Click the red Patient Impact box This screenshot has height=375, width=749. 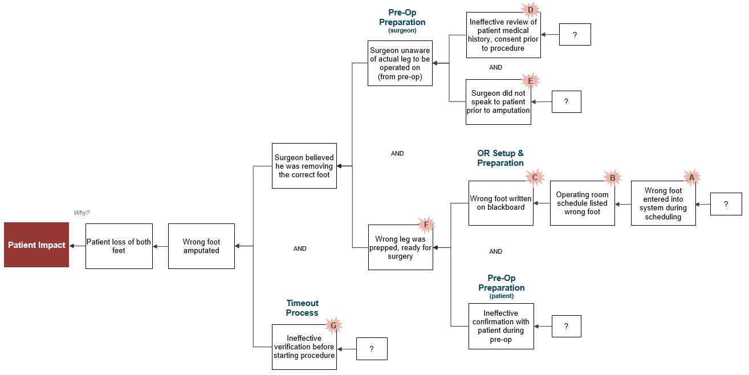tap(36, 244)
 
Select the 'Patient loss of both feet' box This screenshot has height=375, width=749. tap(119, 246)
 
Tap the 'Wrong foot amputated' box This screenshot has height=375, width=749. tap(201, 246)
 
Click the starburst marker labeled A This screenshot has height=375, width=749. tap(691, 177)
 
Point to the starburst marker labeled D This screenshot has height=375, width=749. tap(530, 10)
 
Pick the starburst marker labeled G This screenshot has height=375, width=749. tap(333, 325)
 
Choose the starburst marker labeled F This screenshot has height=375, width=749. tap(426, 225)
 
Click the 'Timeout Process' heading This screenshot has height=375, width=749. tap(302, 308)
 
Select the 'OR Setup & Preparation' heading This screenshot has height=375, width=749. tap(500, 158)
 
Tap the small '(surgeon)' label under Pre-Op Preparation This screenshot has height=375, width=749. tap(402, 30)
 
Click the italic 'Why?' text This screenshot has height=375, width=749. tap(82, 213)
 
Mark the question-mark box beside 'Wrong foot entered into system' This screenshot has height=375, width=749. tap(726, 204)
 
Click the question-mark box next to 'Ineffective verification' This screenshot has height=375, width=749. tap(372, 349)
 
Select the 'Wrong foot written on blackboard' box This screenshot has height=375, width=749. tap(501, 203)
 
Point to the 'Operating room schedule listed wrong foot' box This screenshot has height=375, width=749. tap(583, 203)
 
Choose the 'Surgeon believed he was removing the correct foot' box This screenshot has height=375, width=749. tap(304, 166)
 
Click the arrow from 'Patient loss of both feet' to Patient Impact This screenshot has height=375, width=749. tap(78, 246)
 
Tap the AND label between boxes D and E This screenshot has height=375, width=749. tap(495, 67)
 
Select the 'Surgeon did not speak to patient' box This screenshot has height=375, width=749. tap(498, 102)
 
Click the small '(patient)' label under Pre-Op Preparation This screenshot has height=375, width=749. tap(502, 296)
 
